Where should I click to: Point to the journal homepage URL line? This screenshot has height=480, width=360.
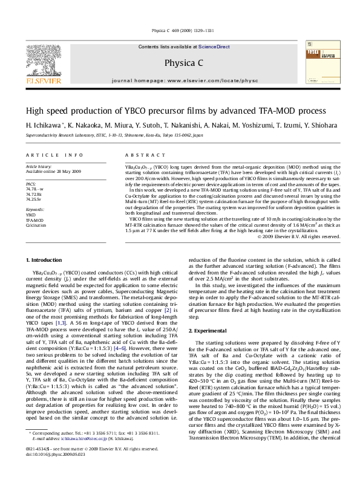coord(180,80)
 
